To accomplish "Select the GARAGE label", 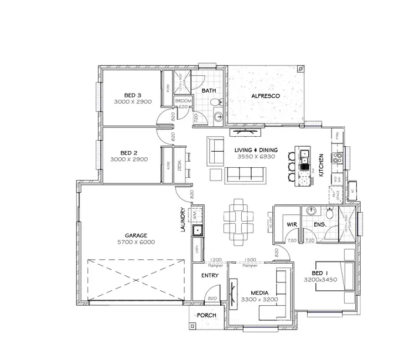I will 136,235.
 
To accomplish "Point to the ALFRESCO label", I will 267,96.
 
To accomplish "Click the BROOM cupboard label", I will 183,101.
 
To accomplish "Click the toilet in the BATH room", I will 220,102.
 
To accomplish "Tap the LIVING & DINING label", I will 255,150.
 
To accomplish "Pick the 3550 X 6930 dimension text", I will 255,157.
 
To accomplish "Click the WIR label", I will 292,224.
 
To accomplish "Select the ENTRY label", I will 210,275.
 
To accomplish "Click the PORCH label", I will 206,316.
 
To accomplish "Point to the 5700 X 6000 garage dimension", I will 136,242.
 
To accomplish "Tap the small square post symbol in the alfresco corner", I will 299,70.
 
